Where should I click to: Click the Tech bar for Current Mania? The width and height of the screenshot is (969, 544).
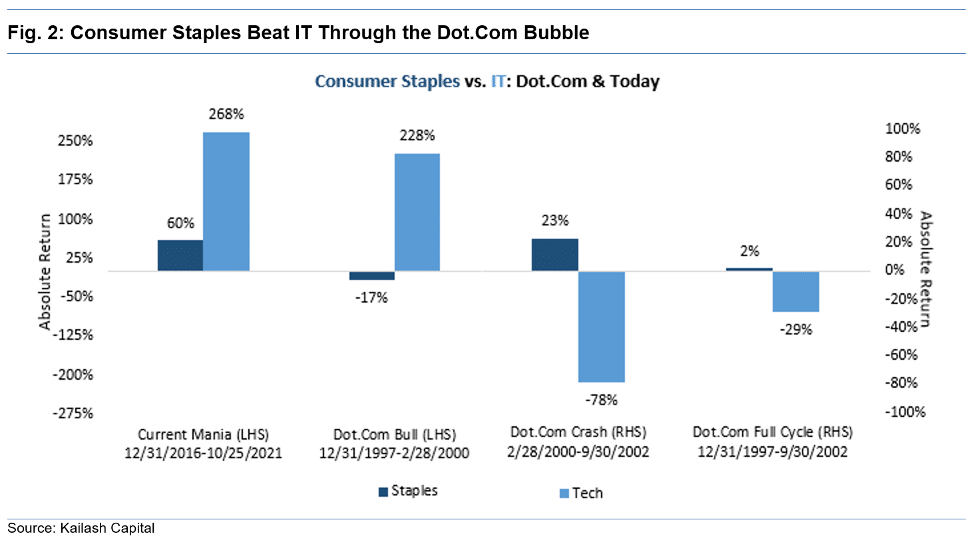coord(226,202)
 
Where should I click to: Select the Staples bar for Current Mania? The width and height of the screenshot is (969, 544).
coord(180,255)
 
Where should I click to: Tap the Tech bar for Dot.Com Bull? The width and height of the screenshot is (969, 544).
coord(417,212)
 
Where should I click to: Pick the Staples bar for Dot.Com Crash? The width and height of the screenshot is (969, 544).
coord(555,255)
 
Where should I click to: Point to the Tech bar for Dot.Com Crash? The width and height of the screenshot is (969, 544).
coord(602,327)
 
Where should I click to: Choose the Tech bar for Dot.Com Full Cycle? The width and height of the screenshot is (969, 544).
coord(795,291)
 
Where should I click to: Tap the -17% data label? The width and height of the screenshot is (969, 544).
coord(371,297)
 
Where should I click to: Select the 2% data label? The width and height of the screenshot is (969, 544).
coord(749,251)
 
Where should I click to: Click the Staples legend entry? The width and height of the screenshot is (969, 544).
coord(408,491)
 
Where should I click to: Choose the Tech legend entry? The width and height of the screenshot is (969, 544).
coord(579,492)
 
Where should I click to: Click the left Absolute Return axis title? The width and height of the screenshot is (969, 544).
coord(45,272)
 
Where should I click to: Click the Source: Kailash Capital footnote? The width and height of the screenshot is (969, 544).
coord(81,529)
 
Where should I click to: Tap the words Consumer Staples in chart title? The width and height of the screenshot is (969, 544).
coord(387,82)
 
